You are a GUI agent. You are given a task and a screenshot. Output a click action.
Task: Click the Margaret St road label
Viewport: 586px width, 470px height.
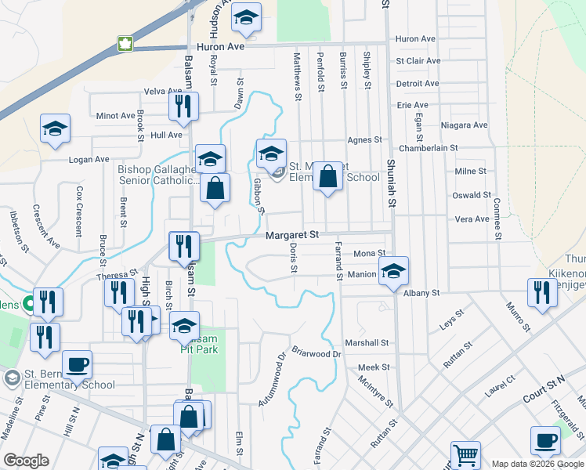pos(292,235)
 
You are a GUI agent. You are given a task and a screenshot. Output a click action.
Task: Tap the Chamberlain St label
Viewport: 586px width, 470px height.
pos(428,147)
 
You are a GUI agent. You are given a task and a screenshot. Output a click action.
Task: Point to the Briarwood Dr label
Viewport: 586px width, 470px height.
pos(317,353)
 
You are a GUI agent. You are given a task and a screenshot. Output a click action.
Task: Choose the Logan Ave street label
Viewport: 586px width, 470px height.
pos(89,159)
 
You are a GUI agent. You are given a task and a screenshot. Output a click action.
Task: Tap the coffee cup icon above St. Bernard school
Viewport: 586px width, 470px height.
pos(77,364)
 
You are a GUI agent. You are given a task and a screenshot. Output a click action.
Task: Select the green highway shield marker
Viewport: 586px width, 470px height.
pos(125,43)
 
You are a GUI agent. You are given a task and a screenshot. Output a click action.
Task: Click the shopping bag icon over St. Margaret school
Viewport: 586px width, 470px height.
pos(328,176)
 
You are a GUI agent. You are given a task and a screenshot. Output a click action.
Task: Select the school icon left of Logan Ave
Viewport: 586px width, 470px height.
pos(56,128)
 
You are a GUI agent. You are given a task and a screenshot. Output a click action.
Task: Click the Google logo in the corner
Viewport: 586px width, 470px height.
pos(27,461)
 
